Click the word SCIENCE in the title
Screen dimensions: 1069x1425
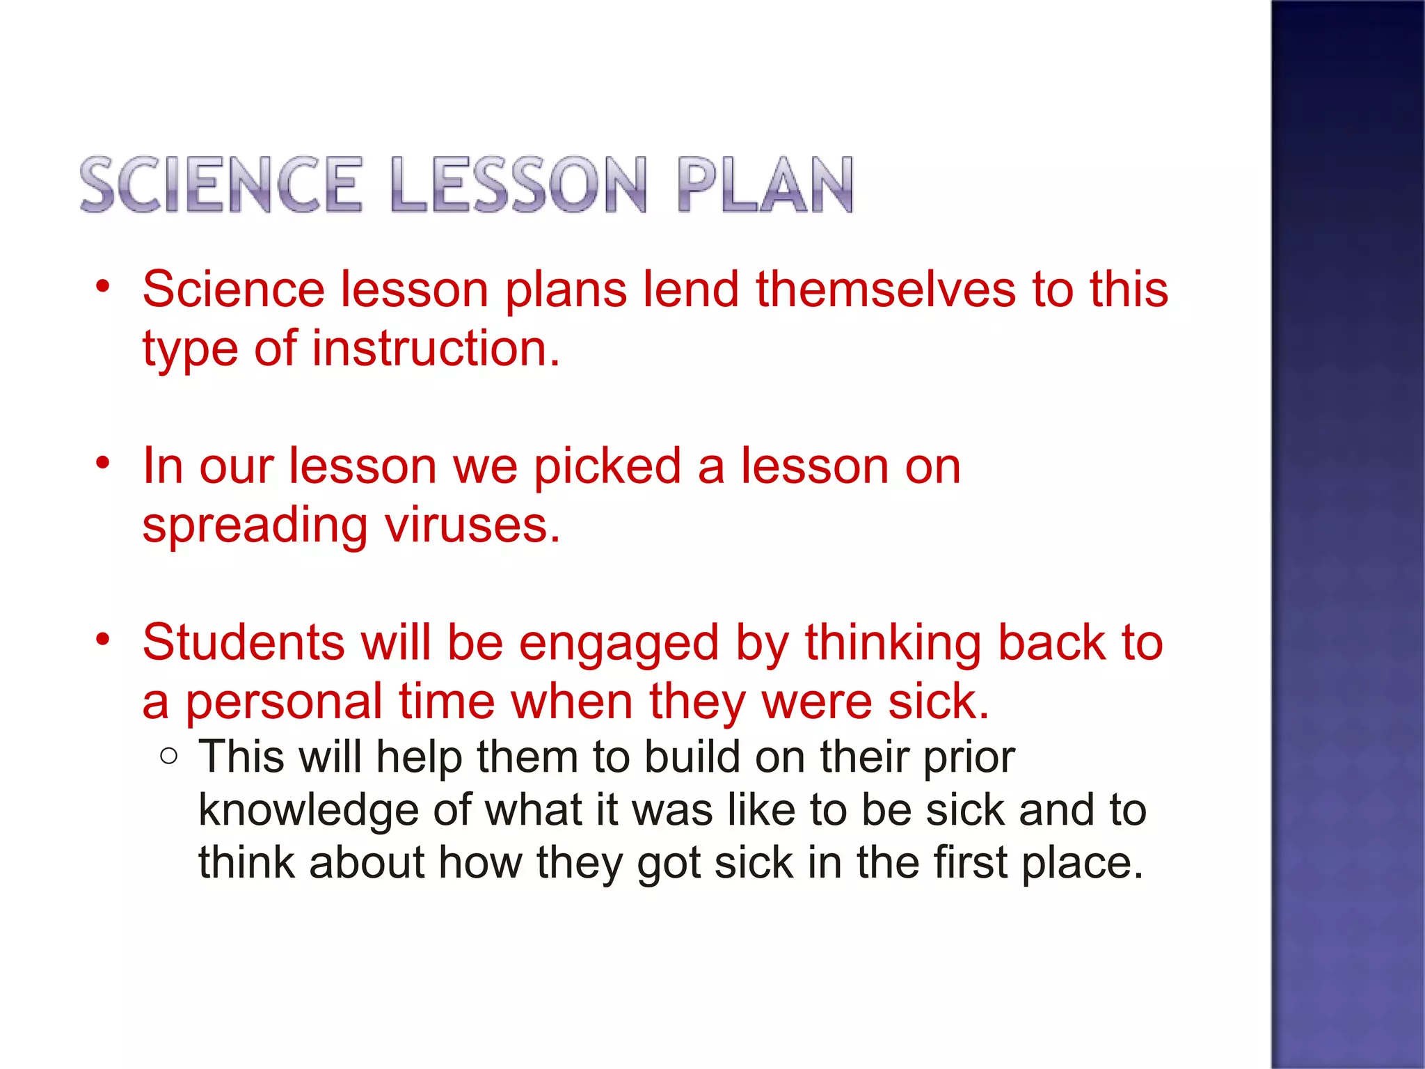tap(221, 184)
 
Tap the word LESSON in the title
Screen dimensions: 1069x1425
tap(518, 184)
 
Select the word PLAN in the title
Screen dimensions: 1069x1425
tap(765, 184)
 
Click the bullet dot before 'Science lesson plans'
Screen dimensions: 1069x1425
tap(104, 287)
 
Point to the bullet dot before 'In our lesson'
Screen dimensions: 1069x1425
tap(104, 463)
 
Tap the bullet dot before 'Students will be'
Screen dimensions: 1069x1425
tap(104, 639)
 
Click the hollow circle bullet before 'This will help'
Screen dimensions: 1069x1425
tap(168, 756)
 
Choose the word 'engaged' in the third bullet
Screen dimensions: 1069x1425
tap(619, 644)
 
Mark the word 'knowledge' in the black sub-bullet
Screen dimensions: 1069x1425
tap(308, 811)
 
